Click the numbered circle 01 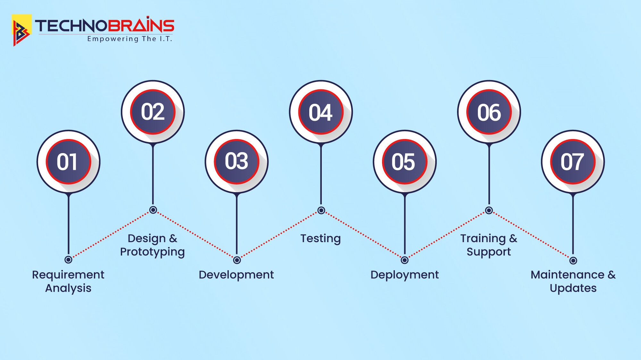(x=68, y=162)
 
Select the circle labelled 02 (x=153, y=112)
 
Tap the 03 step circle (x=237, y=162)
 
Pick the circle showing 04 (x=321, y=112)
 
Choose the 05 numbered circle (x=404, y=162)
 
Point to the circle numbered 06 (x=489, y=112)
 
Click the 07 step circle (x=573, y=162)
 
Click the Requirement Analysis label (x=68, y=282)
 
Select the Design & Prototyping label (x=153, y=245)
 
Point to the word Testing (x=320, y=239)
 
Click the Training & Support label (x=489, y=245)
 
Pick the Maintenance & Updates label (x=573, y=282)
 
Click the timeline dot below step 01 (x=68, y=259)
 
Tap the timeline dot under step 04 (x=321, y=210)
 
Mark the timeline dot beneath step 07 (x=573, y=260)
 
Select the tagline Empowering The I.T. (x=130, y=39)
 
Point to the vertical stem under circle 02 (x=153, y=175)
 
